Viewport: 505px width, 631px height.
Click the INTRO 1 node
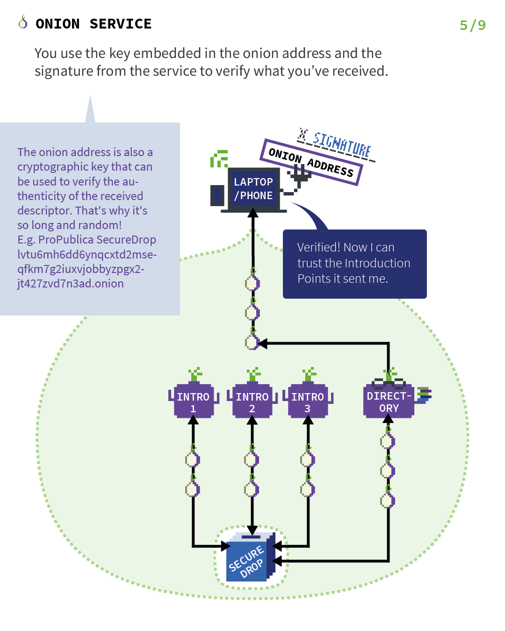coord(193,402)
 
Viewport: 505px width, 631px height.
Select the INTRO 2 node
coord(252,402)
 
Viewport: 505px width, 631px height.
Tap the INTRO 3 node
coord(308,402)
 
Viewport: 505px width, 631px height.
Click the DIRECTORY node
coord(389,402)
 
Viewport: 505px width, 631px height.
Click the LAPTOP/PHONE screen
coord(253,189)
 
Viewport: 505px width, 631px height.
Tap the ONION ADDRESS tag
coord(311,162)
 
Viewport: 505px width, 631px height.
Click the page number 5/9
coord(473,25)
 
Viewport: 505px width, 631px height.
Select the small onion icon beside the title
coord(23,22)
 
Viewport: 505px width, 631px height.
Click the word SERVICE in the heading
coord(121,24)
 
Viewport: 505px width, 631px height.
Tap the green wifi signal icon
coord(219,159)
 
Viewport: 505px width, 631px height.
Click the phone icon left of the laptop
coord(217,195)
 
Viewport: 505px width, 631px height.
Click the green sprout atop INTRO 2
coord(253,374)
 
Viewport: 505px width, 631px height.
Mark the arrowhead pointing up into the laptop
coord(253,214)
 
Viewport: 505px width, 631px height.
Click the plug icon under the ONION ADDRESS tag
coord(299,176)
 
